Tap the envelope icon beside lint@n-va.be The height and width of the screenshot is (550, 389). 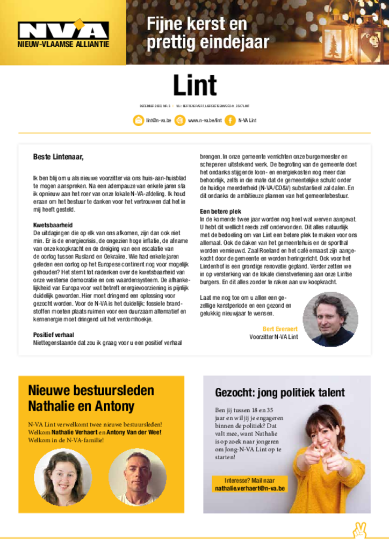point(138,120)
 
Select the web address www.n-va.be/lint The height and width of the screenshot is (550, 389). point(205,120)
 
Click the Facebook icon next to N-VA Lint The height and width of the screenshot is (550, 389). point(230,120)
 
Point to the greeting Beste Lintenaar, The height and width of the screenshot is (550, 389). point(59,157)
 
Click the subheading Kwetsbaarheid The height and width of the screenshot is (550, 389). point(53,225)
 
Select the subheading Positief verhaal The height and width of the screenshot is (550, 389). point(54,335)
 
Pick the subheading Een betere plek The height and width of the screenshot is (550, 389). point(220,212)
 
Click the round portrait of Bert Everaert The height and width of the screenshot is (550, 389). point(330,319)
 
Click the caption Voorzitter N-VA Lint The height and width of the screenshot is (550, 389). point(273,337)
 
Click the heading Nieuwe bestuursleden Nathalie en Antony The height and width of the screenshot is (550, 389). point(91,398)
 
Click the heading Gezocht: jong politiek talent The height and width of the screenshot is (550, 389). point(280,393)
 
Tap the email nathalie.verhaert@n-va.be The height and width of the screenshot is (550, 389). point(250,489)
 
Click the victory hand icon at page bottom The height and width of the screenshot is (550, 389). point(359,531)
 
